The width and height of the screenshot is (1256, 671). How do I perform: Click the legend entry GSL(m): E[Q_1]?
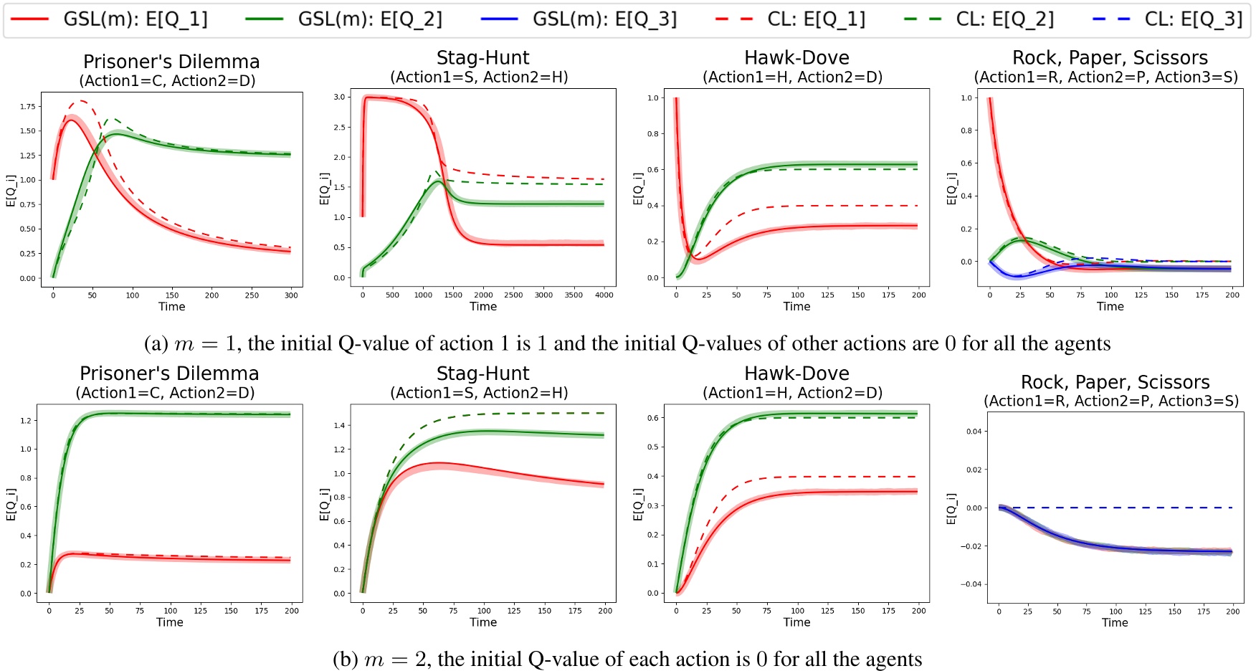pos(135,19)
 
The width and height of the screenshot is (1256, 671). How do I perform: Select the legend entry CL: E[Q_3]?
pos(1193,19)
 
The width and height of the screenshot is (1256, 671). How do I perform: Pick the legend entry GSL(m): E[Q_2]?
pos(370,19)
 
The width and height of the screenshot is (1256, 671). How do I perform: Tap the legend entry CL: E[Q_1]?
pos(816,19)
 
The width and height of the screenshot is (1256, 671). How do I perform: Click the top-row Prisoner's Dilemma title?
pos(171,62)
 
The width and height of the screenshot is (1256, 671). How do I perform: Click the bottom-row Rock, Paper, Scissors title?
pos(1115,382)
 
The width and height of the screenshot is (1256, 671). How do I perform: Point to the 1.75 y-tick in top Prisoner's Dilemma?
pos(27,107)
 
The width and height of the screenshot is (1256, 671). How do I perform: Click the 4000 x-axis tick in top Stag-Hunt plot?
pos(604,295)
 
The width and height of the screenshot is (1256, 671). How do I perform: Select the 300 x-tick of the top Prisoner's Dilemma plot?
pos(291,295)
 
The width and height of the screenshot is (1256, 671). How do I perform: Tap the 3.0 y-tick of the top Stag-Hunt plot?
pos(339,97)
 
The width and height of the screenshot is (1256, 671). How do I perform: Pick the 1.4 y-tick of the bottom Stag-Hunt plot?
pos(339,426)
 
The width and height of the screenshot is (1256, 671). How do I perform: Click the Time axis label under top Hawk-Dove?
pos(796,307)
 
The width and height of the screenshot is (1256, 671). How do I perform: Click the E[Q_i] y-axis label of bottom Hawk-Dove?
pos(638,504)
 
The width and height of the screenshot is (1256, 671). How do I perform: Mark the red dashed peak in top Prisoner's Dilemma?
pos(81,101)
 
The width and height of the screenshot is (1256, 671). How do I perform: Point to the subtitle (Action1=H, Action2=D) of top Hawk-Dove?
pos(792,77)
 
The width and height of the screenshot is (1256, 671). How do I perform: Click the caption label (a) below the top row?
pos(156,344)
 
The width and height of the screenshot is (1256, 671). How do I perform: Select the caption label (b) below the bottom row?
pos(346,660)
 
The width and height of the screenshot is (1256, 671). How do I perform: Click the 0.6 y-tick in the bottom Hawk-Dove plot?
pos(653,418)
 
